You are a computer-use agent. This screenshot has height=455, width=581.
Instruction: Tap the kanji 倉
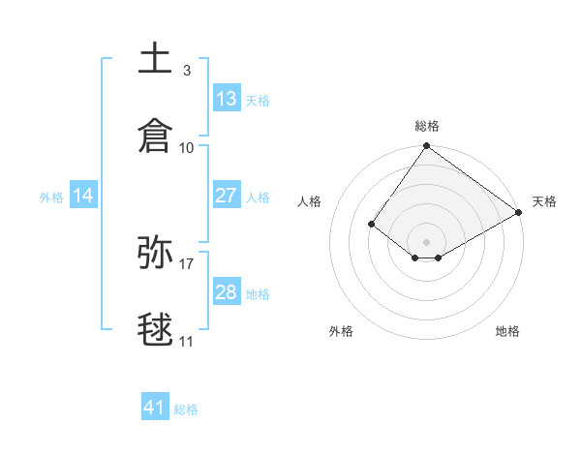[x=155, y=136]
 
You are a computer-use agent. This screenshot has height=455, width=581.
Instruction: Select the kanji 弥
[x=155, y=253]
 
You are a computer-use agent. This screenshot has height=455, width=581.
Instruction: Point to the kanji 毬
[x=155, y=329]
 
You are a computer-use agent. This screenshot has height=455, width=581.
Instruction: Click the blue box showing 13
[x=227, y=99]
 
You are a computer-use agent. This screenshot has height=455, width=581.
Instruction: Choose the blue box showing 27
[x=227, y=196]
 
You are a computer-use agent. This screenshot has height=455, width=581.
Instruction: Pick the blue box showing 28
[x=227, y=292]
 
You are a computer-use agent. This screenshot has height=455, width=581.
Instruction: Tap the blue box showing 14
[x=83, y=197]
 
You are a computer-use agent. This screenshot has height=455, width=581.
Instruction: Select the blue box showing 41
[x=155, y=408]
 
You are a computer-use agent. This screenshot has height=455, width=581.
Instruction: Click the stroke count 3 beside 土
[x=186, y=71]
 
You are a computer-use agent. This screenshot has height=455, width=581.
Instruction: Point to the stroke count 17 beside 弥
[x=187, y=263]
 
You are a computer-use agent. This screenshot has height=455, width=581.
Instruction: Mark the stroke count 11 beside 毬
[x=187, y=341]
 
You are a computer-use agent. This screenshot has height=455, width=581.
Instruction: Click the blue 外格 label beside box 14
[x=51, y=197]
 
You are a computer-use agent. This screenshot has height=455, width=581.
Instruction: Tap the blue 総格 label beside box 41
[x=186, y=409]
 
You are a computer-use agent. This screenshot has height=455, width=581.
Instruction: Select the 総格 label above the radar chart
[x=426, y=126]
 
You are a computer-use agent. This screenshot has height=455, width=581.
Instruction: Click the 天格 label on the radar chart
[x=544, y=201]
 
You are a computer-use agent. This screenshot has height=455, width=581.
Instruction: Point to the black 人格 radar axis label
[x=310, y=201]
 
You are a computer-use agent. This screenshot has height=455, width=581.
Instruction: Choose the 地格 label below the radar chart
[x=507, y=331]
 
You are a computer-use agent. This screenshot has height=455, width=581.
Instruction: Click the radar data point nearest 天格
[x=519, y=213]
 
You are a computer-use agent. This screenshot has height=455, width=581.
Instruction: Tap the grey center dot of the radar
[x=426, y=241]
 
